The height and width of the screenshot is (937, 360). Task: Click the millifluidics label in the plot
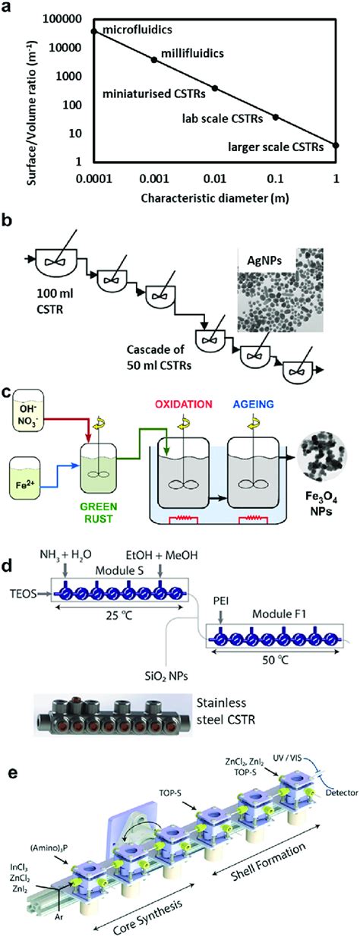(191, 55)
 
